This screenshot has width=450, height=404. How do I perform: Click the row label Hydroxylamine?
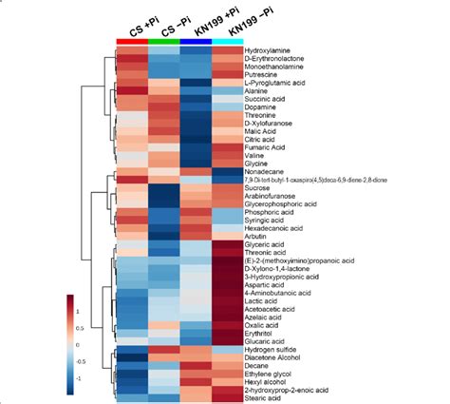269,49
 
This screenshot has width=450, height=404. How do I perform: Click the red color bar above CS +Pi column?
131,41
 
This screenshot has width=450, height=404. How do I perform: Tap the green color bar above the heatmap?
163,41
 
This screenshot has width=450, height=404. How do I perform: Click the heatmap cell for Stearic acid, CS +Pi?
131,396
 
